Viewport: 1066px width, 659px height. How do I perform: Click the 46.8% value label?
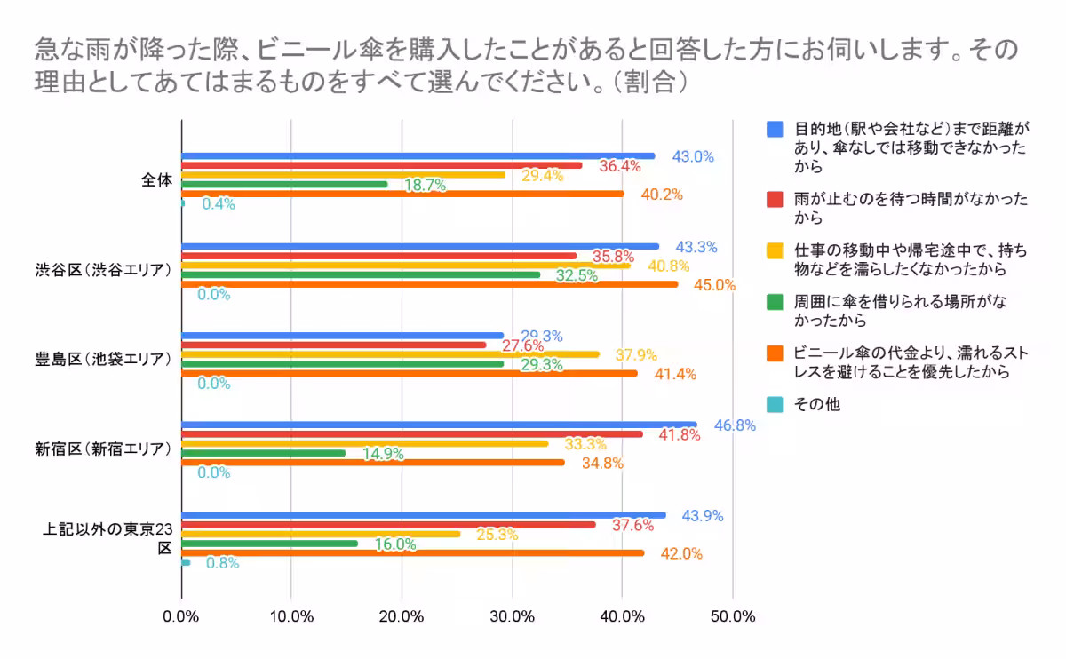point(735,425)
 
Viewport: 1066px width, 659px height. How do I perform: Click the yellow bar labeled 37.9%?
point(390,353)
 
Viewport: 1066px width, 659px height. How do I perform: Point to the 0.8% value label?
point(221,563)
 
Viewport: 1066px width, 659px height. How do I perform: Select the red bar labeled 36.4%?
point(381,165)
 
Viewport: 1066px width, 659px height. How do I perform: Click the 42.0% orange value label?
point(681,553)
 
